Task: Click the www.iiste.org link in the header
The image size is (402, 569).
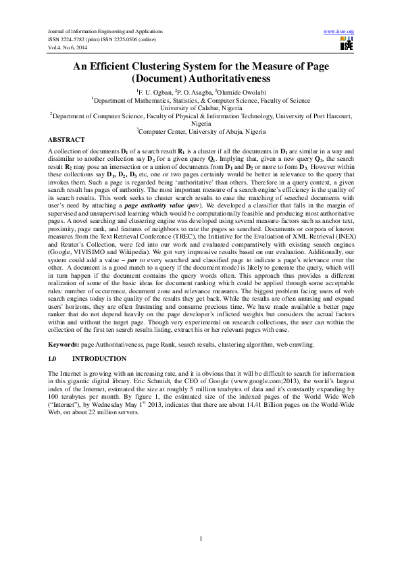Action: pyautogui.click(x=339, y=32)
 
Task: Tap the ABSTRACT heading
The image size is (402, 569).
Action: pyautogui.click(x=67, y=139)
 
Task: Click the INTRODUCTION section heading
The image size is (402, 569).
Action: pyautogui.click(x=99, y=358)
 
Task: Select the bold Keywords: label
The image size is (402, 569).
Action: pyautogui.click(x=64, y=344)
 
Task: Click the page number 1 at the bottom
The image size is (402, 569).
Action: pyautogui.click(x=201, y=537)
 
